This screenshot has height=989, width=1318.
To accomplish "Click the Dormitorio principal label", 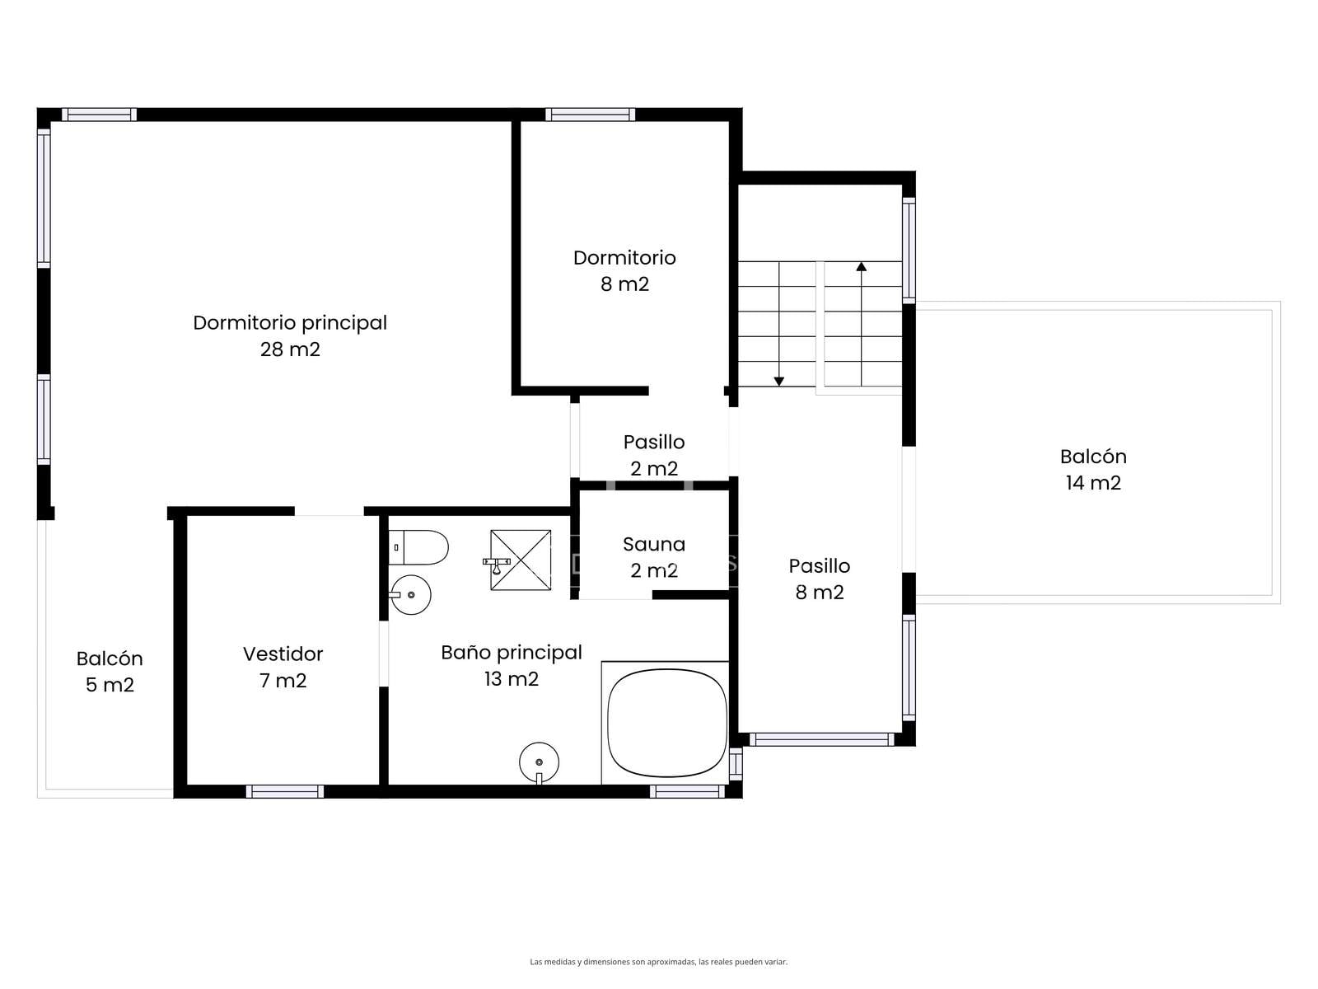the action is coord(289,323).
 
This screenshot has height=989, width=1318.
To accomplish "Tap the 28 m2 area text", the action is coord(290,349).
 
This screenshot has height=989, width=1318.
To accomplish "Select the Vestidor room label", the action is coord(283,654).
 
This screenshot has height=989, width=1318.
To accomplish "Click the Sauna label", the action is coord(654,544).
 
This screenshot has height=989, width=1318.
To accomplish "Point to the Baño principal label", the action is coord(512,653).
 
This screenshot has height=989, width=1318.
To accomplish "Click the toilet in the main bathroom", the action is coord(418,547).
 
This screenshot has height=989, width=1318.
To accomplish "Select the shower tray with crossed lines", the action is coord(520,560).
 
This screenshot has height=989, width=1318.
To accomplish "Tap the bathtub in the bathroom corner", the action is coord(666,723).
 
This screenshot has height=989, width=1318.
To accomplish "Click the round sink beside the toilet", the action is coord(411,594).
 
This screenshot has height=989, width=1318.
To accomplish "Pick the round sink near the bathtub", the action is coord(539,762).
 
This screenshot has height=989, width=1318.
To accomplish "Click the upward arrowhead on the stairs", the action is coord(861,266).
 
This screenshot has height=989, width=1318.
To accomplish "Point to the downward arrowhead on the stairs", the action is coord(778,382).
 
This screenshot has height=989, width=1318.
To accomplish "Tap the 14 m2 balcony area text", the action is coord(1093,483).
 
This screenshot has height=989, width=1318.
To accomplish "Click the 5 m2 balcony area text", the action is coord(110,685).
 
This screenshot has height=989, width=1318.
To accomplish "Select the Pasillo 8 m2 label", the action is coord(819,579).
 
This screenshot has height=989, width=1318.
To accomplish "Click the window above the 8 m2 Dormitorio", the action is coord(590,114).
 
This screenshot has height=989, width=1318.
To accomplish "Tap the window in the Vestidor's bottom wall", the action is coord(285,791).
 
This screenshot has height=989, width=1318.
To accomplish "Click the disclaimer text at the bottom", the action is coord(658,961).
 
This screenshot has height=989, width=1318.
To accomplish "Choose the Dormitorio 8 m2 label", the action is coord(624,271).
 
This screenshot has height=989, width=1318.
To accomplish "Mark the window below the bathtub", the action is coord(688,791).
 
